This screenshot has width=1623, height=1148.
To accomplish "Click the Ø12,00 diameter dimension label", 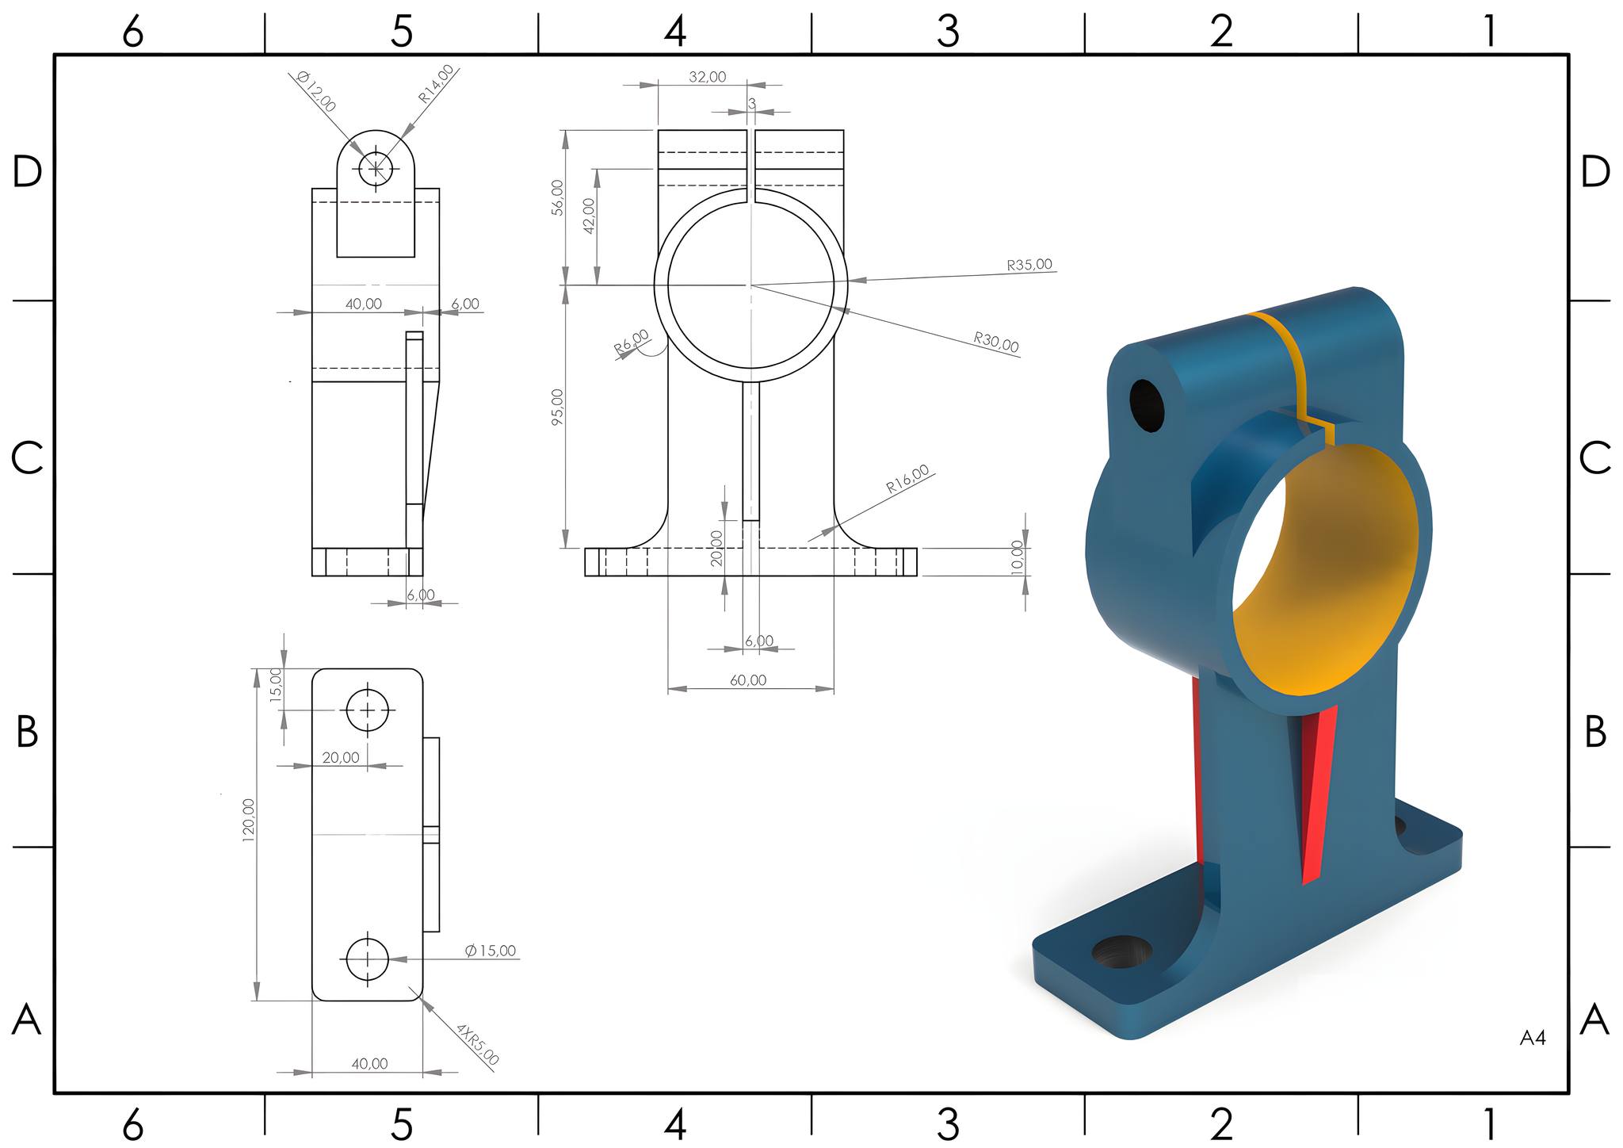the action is coord(316,91).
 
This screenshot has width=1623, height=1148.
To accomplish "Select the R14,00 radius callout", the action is coord(437,83).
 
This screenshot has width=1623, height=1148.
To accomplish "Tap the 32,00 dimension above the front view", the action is coord(707,77).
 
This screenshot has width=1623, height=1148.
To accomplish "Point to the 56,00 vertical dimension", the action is coord(557,197).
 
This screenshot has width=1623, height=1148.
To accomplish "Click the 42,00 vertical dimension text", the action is coord(589,215).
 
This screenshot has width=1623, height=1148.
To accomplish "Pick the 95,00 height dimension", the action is coord(557,407).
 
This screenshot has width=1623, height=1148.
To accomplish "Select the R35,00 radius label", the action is coord(1029,265).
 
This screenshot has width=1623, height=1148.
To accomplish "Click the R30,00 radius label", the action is coord(996,342).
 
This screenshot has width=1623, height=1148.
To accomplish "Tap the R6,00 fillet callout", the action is coord(632,342).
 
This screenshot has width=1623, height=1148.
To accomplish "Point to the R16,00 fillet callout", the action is coord(907,480).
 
